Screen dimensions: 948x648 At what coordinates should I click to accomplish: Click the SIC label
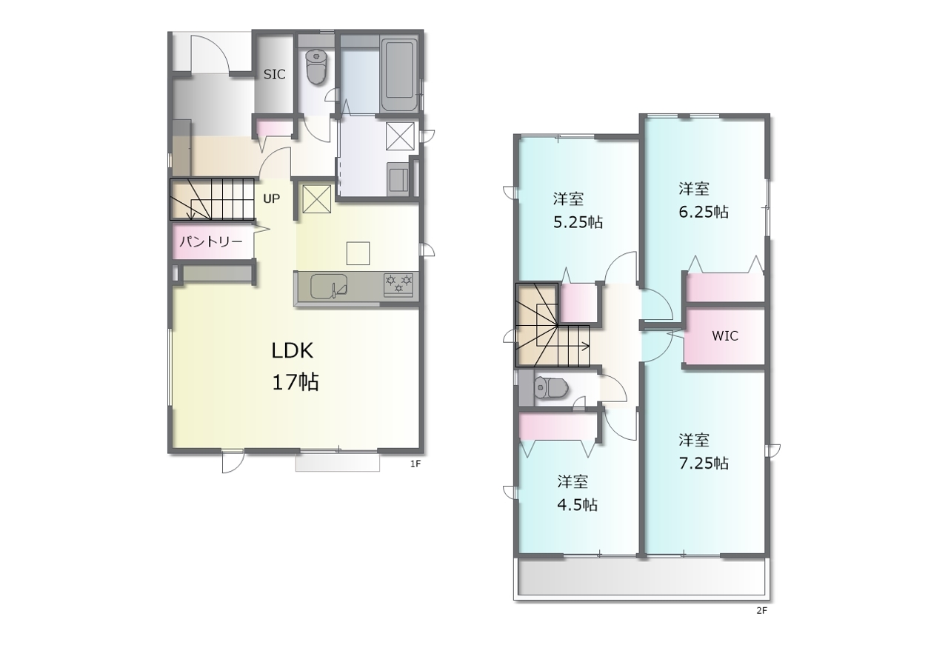tap(274, 75)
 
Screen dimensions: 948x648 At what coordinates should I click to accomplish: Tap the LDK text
tap(292, 351)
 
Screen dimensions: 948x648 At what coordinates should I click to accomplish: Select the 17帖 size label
tap(295, 382)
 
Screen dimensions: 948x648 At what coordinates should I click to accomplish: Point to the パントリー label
tap(211, 241)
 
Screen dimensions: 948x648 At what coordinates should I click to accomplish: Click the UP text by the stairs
tap(271, 198)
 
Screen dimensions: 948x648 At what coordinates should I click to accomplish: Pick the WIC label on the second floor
tap(725, 336)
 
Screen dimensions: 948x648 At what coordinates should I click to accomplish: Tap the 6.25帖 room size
tap(704, 212)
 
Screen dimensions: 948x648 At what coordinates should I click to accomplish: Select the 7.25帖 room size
tap(704, 464)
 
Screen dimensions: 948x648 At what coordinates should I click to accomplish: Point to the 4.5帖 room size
tap(577, 504)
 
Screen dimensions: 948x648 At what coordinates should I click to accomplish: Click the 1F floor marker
tap(415, 464)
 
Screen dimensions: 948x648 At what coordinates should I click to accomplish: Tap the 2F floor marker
tap(762, 610)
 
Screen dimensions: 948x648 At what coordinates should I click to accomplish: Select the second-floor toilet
tap(550, 387)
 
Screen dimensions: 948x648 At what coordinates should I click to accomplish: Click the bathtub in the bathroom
tap(399, 76)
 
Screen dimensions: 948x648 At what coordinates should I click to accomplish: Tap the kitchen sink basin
tap(329, 287)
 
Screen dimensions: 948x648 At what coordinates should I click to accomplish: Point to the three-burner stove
tap(398, 284)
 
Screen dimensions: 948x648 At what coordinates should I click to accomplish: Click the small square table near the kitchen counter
tap(358, 253)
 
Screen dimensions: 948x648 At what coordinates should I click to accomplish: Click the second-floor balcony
tap(641, 578)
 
